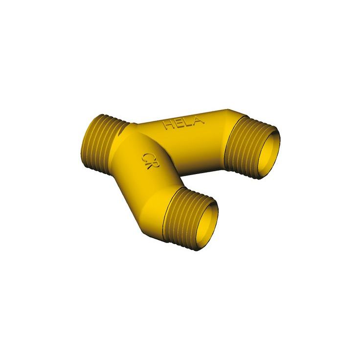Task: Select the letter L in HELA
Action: pos(188,123)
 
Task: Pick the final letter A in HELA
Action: pos(198,121)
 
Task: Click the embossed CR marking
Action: pos(151,161)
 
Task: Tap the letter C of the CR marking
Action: pos(147,158)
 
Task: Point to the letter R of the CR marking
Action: pos(154,165)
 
